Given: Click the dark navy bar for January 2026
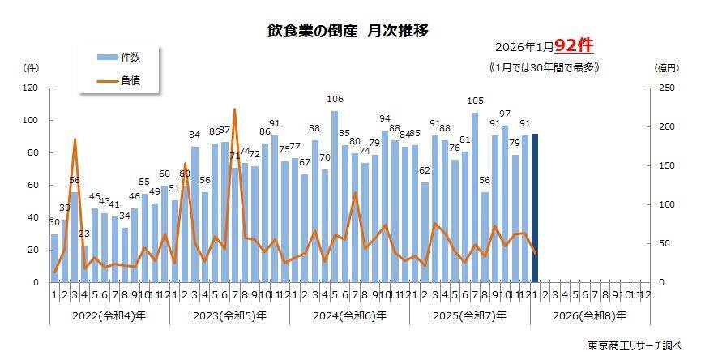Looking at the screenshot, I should [x=535, y=208].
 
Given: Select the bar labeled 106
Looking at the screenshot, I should [x=335, y=197].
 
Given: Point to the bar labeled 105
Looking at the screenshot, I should [x=475, y=198].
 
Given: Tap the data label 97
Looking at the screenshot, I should [x=505, y=114].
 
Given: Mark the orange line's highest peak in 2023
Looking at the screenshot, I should [x=234, y=109].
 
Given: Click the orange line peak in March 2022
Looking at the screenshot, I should [x=75, y=139].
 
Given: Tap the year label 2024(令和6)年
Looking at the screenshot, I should [x=350, y=315].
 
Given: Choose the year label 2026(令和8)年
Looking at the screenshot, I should [x=591, y=315].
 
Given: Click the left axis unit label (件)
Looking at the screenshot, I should [x=32, y=68].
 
